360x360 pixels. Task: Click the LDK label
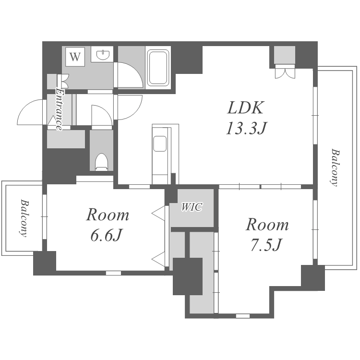(x=245, y=108)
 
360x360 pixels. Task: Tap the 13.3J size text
(x=246, y=128)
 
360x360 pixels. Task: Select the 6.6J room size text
(x=106, y=235)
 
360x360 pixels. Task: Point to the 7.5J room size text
(x=266, y=245)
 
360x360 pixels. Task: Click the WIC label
(x=192, y=207)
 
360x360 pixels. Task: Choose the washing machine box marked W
(x=75, y=57)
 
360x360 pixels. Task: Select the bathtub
(x=158, y=68)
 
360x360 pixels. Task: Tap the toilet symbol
(x=101, y=162)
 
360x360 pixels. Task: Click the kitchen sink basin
(x=160, y=144)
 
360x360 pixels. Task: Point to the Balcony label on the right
(x=335, y=168)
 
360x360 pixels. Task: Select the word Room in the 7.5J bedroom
(x=267, y=225)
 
